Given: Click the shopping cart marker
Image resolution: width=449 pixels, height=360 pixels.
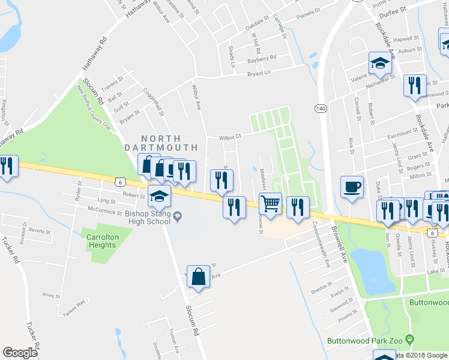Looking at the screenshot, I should pos(271,203).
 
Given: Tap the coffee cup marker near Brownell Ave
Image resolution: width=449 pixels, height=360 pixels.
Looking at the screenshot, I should pos(352,186).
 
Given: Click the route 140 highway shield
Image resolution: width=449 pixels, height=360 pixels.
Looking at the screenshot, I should pos(320,109).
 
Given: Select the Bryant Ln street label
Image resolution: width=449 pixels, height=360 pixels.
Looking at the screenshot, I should pos(259,73).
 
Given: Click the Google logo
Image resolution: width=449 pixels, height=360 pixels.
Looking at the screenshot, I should pos(20,353).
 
